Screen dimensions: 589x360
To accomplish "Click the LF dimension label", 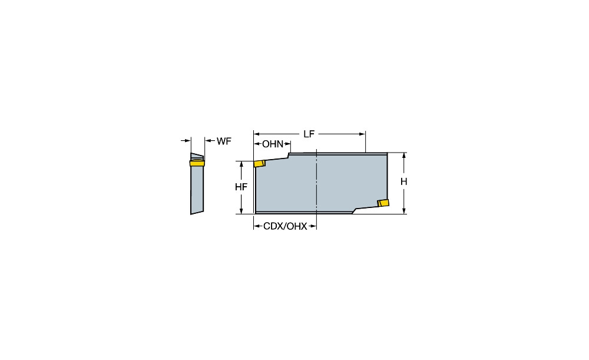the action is click(309, 134).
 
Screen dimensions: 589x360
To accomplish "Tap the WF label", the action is click(224, 141).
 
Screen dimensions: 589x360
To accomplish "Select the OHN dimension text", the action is click(273, 144).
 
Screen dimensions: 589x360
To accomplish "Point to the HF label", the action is click(241, 187).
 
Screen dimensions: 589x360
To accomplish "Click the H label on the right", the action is click(404, 182).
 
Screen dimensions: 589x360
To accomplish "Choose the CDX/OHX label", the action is click(285, 226).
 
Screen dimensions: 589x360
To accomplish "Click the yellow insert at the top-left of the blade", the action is click(260, 163).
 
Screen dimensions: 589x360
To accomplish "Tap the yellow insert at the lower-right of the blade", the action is click(383, 203).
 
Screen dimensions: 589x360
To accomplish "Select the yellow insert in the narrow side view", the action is click(197, 163).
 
